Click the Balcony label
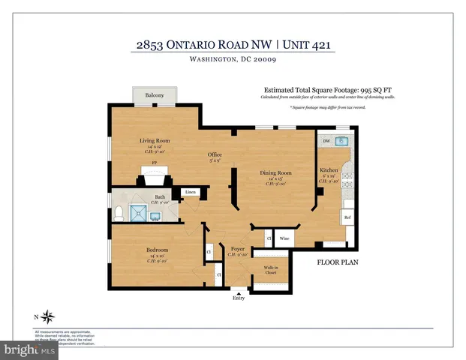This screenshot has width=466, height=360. coord(155,96)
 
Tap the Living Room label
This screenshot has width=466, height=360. coord(155,140)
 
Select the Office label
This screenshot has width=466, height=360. coord(215,155)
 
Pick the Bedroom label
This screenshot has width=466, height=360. coord(157,250)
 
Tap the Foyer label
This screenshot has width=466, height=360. coord(238,248)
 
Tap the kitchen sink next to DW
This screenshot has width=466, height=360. coord(342,141)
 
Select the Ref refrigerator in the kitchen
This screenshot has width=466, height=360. coord(347,218)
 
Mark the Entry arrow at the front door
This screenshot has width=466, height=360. coord(239,293)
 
